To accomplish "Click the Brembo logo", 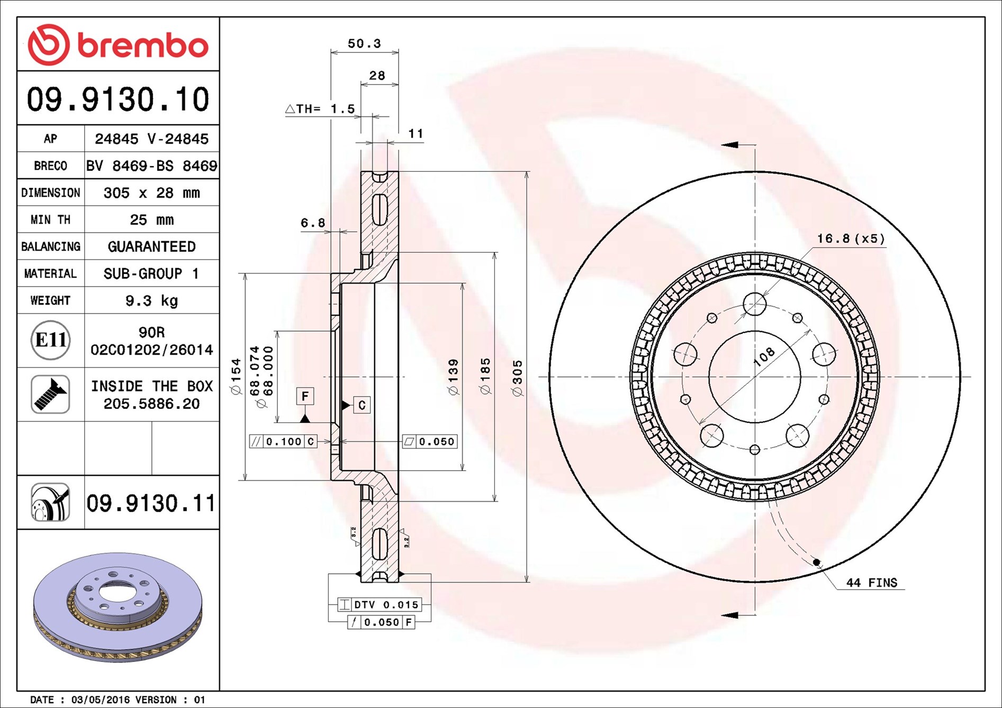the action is tap(118, 45).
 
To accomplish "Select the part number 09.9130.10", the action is tap(118, 99).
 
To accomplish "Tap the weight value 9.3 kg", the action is tap(151, 301).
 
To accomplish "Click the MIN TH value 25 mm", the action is tap(151, 220).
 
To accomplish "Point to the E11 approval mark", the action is tap(50, 340).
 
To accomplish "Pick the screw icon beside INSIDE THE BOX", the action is tap(50, 394).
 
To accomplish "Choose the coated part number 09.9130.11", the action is tap(151, 503).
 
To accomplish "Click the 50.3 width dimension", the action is tap(364, 43).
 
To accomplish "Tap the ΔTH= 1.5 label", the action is tap(320, 109).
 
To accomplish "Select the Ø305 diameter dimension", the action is tap(517, 378).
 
